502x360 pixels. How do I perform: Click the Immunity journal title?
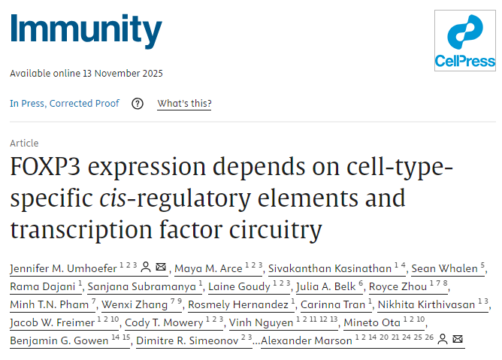[x=86, y=31]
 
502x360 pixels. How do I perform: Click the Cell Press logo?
[x=465, y=41]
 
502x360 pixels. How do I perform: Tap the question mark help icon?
[x=138, y=104]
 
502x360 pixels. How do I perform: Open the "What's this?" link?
[x=184, y=104]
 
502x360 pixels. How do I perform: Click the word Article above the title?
[x=24, y=143]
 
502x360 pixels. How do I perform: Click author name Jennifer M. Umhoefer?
[x=51, y=268]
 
